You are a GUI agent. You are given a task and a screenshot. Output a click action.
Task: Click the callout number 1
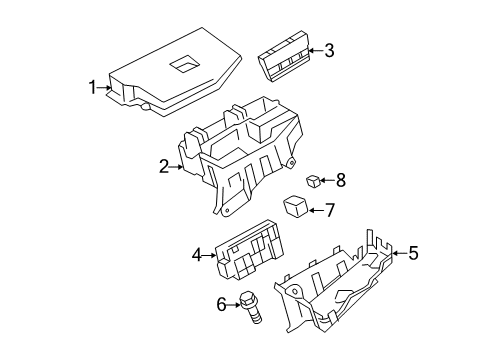(x=93, y=88)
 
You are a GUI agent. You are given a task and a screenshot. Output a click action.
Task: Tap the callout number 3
(x=328, y=51)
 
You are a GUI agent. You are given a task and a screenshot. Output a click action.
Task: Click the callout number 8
(x=340, y=181)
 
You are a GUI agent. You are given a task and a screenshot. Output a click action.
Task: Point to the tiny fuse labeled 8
(x=313, y=181)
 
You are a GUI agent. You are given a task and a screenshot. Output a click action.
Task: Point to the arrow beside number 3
(x=313, y=51)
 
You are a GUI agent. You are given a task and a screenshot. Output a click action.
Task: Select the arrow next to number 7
(x=315, y=210)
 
